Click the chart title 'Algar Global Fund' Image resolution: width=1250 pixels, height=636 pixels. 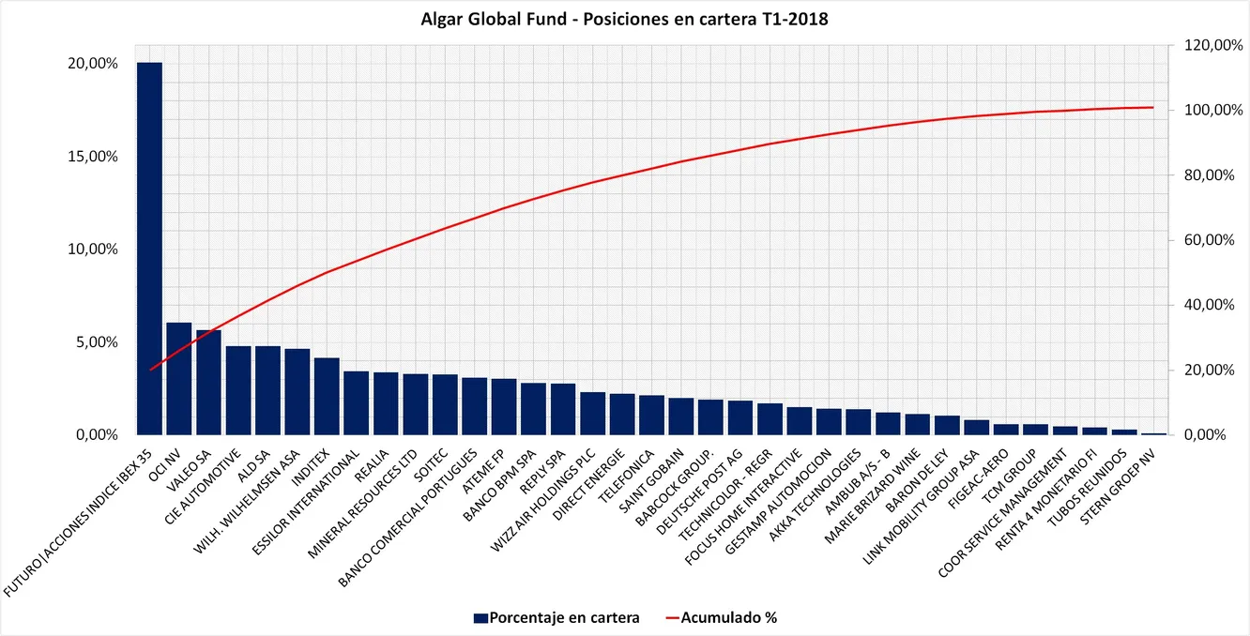624,17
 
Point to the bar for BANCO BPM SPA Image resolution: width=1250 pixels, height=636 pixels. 533,409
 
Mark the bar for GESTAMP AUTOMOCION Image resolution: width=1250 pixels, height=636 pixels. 829,422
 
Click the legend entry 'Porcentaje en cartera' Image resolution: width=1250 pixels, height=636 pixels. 557,617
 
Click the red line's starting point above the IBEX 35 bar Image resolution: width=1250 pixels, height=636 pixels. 149,371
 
